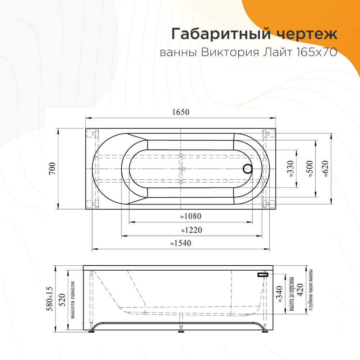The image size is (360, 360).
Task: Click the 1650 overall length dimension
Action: pos(180,112)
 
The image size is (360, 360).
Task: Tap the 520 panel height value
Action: pos(62,298)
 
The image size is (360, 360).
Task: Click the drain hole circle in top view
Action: pos(247,168)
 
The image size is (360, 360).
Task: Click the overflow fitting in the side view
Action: pos(263,275)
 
